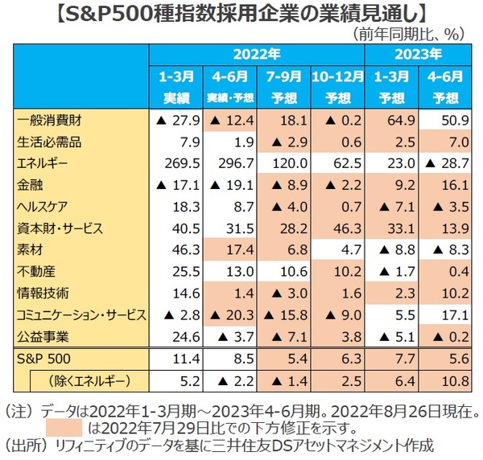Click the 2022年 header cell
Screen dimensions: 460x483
pyautogui.click(x=257, y=55)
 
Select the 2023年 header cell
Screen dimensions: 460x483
pyautogui.click(x=419, y=55)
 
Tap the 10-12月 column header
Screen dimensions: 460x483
pyautogui.click(x=337, y=86)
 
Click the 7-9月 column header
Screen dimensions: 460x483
pyautogui.click(x=283, y=86)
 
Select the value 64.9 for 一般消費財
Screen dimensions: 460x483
pyautogui.click(x=392, y=121)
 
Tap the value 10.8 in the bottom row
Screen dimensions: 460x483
pyautogui.click(x=445, y=378)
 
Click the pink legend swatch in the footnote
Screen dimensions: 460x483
pyautogui.click(x=64, y=425)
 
